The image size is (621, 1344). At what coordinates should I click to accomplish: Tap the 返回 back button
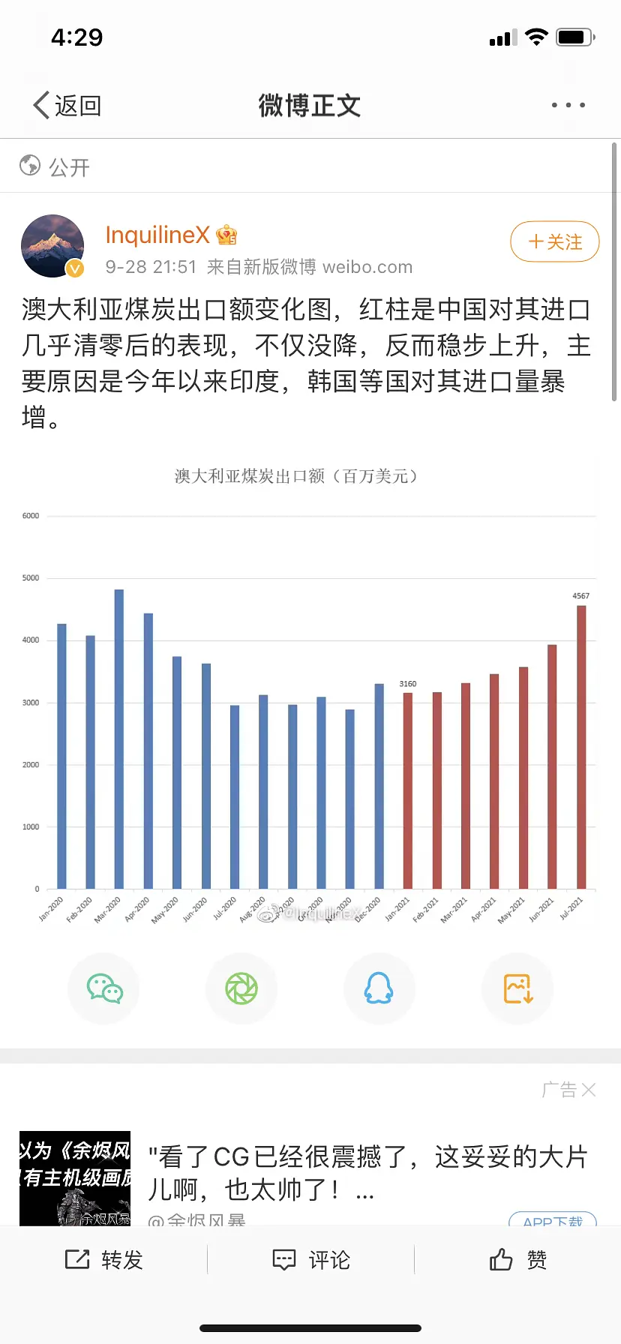[67, 106]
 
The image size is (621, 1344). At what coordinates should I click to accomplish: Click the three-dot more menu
[568, 106]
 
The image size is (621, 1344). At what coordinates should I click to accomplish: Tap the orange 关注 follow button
[554, 242]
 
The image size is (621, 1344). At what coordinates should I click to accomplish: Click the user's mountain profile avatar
[52, 246]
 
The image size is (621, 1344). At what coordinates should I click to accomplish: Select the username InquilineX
[157, 235]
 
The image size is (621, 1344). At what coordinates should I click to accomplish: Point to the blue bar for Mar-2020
[119, 739]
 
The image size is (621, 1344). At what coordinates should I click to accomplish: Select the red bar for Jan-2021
[408, 790]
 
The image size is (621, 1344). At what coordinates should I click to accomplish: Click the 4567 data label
[581, 596]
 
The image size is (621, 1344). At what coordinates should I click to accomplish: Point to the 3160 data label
[408, 684]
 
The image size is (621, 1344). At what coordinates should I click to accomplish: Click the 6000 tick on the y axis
[31, 516]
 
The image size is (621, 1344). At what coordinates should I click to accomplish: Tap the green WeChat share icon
[104, 988]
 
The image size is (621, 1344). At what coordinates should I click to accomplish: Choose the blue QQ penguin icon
[379, 988]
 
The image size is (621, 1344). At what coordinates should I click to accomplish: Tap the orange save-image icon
[517, 988]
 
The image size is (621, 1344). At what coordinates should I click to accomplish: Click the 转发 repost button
[104, 1260]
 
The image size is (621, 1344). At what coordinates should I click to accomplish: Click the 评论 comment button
[311, 1260]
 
